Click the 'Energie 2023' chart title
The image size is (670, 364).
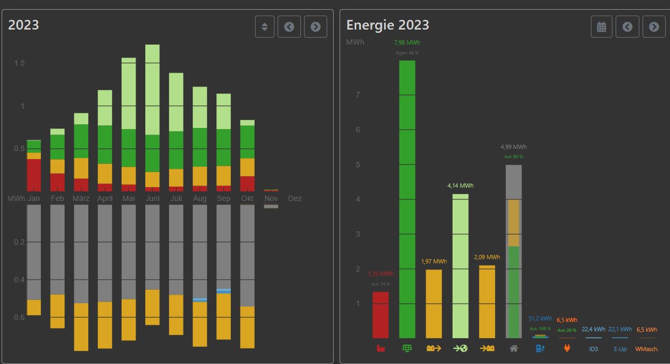[x=387, y=25]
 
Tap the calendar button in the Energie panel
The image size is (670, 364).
[x=601, y=26]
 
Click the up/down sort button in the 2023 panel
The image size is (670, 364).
[x=264, y=26]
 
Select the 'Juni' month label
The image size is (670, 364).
[x=152, y=198]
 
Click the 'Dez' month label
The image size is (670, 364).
[x=294, y=198]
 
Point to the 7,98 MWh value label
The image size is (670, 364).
[x=407, y=42]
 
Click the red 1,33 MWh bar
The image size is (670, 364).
[x=380, y=315]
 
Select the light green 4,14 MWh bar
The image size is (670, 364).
[x=460, y=266]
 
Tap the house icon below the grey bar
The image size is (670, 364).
[x=513, y=348]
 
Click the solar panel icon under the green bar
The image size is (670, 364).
[x=407, y=348]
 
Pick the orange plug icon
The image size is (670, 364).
[x=567, y=348]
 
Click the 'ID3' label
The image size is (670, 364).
[x=593, y=349]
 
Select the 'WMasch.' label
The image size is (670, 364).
[x=646, y=349]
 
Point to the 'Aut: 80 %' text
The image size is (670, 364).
[x=513, y=156]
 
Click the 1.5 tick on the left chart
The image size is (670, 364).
[x=19, y=63]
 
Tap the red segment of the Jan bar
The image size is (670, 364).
[x=34, y=175]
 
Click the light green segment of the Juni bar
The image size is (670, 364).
[x=152, y=89]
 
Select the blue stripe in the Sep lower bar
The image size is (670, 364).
[x=223, y=291]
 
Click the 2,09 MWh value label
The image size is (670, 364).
[x=487, y=257]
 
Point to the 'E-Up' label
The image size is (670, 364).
[x=620, y=349]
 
